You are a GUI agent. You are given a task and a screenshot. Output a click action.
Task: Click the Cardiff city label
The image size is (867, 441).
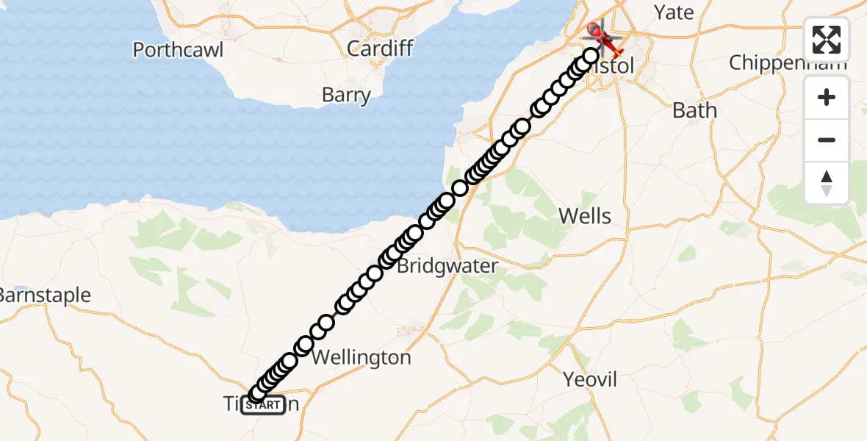[x=380, y=49]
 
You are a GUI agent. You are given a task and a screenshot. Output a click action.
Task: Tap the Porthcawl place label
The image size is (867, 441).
[x=178, y=50]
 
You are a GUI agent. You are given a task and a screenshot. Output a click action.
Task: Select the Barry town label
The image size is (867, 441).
[x=346, y=95]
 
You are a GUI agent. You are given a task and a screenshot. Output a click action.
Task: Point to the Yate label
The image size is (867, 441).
[x=674, y=12]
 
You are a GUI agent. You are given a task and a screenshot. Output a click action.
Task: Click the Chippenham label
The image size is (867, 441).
[x=783, y=63]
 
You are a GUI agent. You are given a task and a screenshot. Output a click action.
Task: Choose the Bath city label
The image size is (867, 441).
[x=694, y=110]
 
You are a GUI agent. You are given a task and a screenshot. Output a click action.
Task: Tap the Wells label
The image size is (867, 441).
[x=585, y=216]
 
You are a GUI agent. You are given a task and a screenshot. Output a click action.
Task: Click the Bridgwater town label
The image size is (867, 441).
[x=447, y=266]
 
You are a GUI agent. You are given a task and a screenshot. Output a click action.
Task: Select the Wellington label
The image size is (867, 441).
[x=361, y=358]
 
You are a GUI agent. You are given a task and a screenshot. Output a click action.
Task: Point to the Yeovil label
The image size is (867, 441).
[x=589, y=380]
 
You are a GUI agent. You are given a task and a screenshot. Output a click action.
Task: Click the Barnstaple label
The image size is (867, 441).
[x=44, y=295]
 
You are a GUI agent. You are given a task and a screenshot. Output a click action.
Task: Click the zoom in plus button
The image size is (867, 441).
[x=827, y=97]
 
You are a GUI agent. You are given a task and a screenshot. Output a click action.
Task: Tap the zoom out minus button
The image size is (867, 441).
[x=827, y=140]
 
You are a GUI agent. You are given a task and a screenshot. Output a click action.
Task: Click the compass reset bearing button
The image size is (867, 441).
[x=827, y=183]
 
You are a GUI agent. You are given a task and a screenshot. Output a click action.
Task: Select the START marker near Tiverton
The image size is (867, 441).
[x=263, y=405]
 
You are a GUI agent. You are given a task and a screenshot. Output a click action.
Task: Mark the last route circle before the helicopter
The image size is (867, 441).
[x=591, y=56]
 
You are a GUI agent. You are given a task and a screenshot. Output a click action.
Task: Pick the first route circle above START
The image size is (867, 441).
[x=258, y=394]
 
